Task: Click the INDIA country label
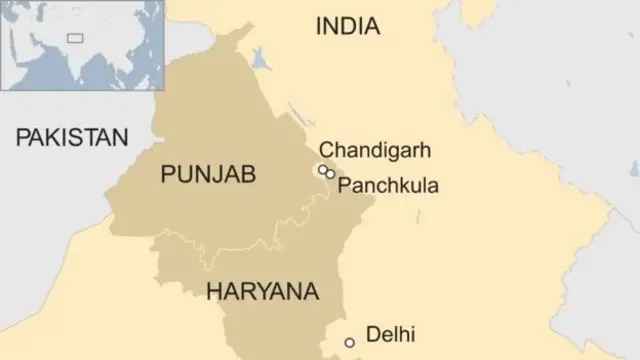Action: coord(348,27)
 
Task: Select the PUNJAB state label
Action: coord(208,175)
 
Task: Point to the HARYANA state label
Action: coord(262,292)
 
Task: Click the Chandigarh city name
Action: coord(375,151)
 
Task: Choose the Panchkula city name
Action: coord(388,185)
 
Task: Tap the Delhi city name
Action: coord(390,335)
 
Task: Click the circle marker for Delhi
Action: coord(349,343)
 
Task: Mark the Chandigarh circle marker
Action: coord(323,170)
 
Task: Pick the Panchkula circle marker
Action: coord(330,174)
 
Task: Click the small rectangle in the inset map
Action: coord(74,38)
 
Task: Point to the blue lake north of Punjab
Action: coord(261,59)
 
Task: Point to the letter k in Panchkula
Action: coord(410,185)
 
